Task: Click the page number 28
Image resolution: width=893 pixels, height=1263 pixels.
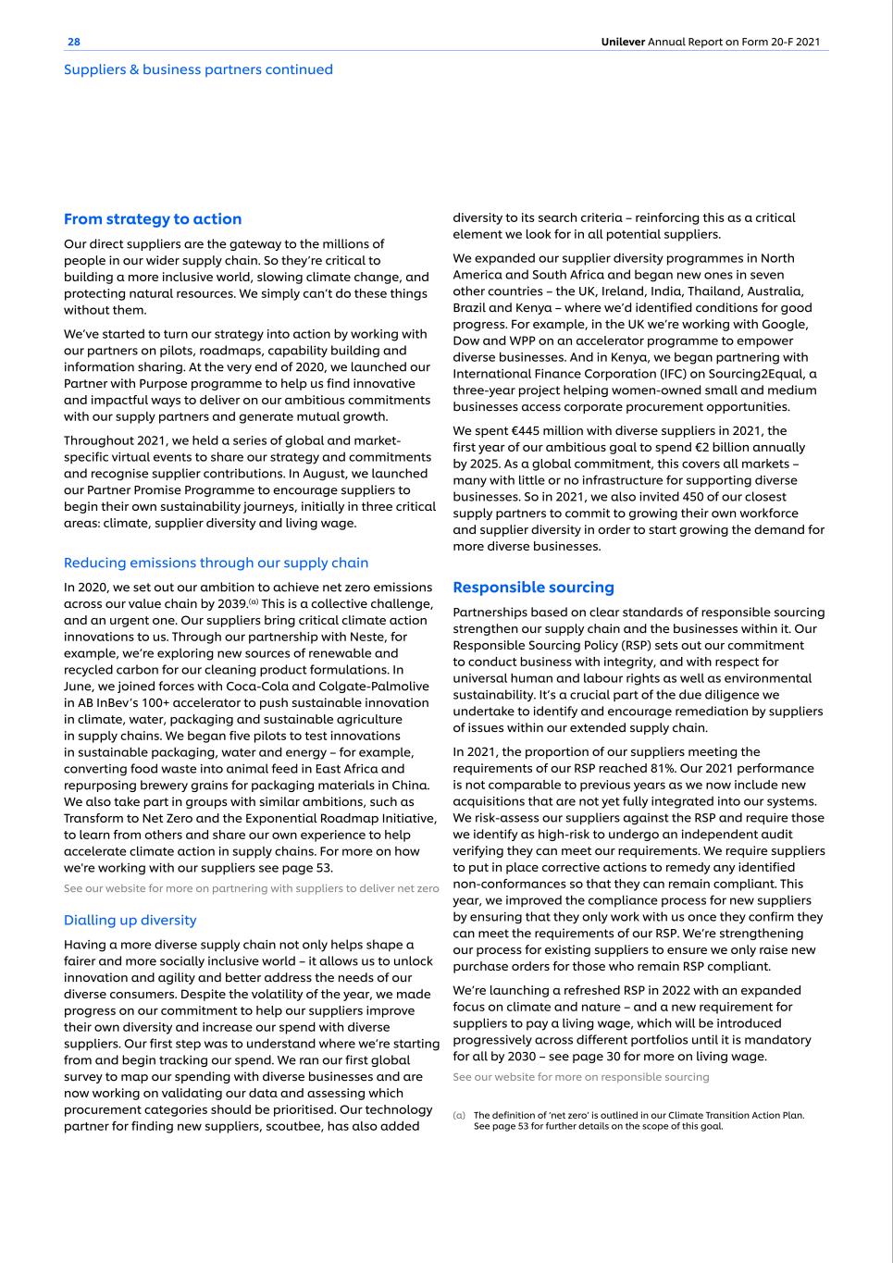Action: pos(74,42)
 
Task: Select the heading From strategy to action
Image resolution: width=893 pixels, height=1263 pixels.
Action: pos(153,219)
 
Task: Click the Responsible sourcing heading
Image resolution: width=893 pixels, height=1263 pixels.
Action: pos(533,588)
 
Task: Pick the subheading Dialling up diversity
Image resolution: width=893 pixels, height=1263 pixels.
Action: pos(130,921)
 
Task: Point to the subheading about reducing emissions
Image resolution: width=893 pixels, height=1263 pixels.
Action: pos(216,563)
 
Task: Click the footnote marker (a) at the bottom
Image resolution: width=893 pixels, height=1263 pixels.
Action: pos(459,1115)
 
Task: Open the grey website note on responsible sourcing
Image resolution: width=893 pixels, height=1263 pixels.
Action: pos(581,1077)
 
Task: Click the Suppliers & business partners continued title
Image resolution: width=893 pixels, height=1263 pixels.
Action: pos(198,69)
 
